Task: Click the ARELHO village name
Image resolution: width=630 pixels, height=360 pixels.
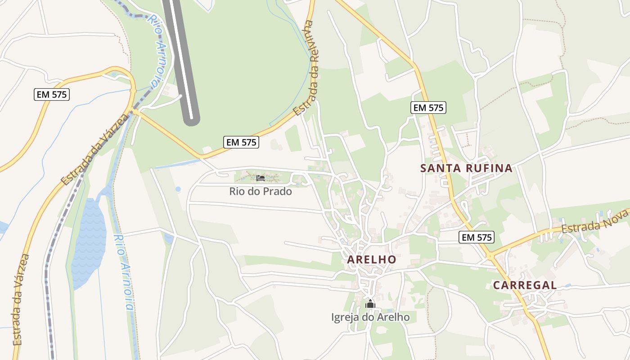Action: [x=371, y=260]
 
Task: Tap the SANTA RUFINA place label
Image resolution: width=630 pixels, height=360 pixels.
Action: [x=466, y=168]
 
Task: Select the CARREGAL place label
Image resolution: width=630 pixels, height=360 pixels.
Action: [x=525, y=285]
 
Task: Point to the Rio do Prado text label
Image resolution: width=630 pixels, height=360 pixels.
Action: [x=261, y=191]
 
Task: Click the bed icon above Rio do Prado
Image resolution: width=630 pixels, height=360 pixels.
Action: [x=261, y=178]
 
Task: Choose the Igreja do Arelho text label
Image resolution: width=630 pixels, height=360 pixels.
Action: [x=370, y=317]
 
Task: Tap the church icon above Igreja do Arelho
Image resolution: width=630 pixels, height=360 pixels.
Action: [x=370, y=304]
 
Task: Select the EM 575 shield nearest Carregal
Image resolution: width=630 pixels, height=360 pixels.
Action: [x=477, y=237]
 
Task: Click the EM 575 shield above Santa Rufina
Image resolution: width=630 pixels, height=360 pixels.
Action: [x=428, y=108]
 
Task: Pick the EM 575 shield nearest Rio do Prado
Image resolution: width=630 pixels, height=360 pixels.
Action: [x=241, y=142]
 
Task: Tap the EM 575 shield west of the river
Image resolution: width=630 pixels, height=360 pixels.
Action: [x=52, y=94]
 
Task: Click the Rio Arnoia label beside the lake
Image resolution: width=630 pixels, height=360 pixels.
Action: [x=123, y=272]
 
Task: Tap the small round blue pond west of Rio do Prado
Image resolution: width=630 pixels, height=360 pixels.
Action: [x=178, y=189]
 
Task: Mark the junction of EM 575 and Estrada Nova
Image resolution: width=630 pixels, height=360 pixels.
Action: [x=490, y=256]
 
